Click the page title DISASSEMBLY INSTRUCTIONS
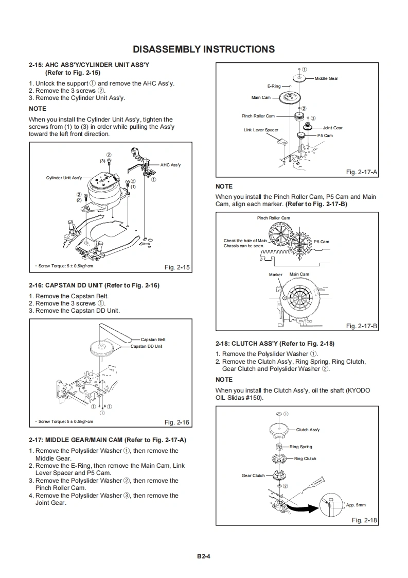coord(204,49)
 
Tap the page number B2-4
coord(204,556)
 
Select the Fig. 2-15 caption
coord(177,267)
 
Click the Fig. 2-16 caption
coord(177,422)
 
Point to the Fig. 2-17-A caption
coord(362,172)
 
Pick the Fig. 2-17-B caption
coord(362,326)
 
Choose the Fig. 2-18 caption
coord(364,520)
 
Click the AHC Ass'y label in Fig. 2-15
coord(170,165)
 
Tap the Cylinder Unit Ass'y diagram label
coord(64,178)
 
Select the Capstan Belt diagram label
coord(153,339)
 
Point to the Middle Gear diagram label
coord(326,78)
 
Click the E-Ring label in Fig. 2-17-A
coord(274,87)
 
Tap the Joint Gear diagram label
coord(332,128)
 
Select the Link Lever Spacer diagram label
coord(261,130)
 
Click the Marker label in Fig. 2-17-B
coord(276,275)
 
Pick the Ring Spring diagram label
coord(300,447)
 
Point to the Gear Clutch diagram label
coord(253,475)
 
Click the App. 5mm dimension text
coord(356,505)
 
